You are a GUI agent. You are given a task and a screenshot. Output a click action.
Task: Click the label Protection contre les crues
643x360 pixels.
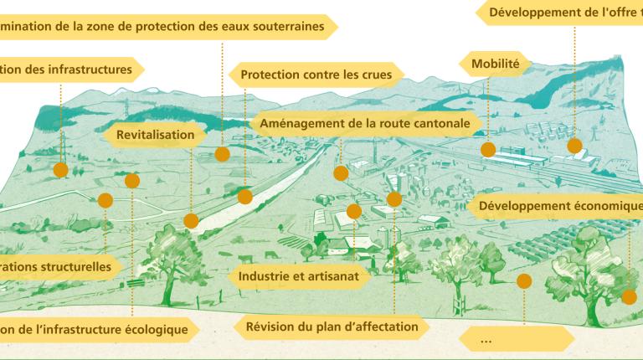point(316,75)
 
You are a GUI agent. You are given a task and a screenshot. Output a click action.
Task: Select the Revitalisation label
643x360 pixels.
point(155,135)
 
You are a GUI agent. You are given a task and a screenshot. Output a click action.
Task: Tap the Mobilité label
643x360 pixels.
point(496,64)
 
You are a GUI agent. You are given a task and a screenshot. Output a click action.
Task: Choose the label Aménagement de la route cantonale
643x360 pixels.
point(365,123)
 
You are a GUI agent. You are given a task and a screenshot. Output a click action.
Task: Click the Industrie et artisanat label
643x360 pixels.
point(299,276)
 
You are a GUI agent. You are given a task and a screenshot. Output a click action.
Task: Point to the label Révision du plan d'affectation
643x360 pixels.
point(332,327)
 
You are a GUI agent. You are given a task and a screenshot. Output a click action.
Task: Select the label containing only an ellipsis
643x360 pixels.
point(517,339)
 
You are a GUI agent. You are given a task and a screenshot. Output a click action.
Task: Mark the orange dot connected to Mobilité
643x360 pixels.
point(488,150)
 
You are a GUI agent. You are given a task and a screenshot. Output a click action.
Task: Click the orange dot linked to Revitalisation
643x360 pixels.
point(191,221)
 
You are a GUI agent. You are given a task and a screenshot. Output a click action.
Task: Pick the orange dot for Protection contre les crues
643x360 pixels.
point(244,197)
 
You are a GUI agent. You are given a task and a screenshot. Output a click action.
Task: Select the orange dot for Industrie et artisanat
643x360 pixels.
point(354,212)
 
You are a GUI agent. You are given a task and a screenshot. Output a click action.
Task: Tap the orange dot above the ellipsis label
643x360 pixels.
point(524,281)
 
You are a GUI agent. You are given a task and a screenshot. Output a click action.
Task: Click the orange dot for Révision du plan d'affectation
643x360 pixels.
point(394,200)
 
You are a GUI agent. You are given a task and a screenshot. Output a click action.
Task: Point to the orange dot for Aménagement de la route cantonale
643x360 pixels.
point(341,173)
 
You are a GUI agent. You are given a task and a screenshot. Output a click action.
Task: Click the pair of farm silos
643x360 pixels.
point(388,237)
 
